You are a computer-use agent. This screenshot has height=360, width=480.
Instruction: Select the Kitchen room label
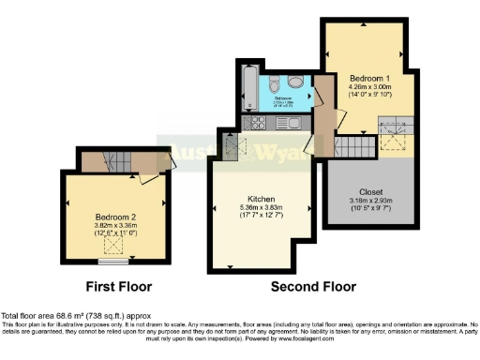coord(260,199)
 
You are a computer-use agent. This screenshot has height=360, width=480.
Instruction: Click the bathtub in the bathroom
coord(249,91)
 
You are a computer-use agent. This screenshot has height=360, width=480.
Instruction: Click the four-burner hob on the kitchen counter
coord(255,122)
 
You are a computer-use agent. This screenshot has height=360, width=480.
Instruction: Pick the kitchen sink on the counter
coord(289,122)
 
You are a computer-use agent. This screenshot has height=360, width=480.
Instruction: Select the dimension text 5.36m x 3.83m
coord(260,208)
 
